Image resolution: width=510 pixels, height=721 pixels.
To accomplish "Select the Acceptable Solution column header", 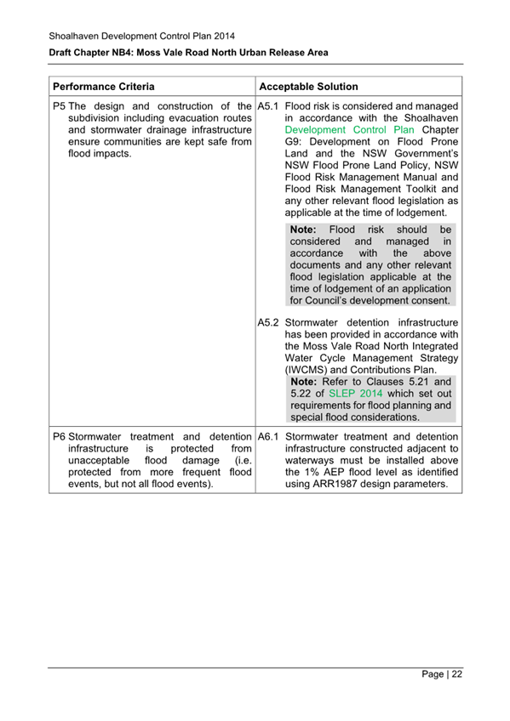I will pos(308,87).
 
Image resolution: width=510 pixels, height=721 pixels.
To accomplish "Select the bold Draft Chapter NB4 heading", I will pos(188,53).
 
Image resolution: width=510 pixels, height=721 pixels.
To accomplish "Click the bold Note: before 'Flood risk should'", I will pos(303,230).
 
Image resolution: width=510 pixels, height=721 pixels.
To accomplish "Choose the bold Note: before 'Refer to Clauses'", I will pos(306,382).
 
